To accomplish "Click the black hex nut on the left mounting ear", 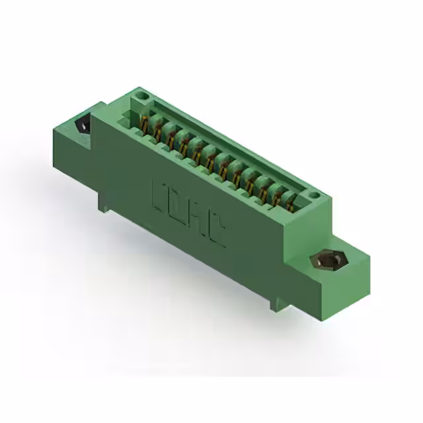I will tap(83, 125).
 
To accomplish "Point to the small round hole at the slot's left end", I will tap(141, 98).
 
